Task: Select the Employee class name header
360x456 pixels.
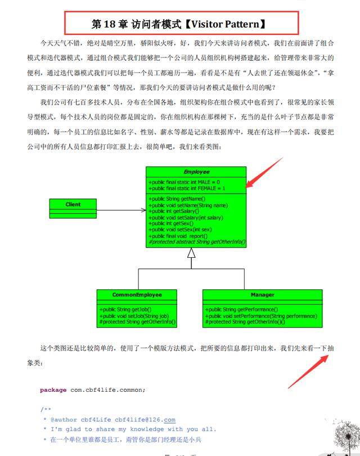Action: [x=196, y=172]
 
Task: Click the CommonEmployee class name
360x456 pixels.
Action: [x=137, y=294]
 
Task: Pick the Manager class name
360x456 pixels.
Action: [x=263, y=294]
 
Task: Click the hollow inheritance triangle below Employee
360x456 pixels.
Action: [x=191, y=253]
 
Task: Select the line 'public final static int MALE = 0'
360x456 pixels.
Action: [x=184, y=182]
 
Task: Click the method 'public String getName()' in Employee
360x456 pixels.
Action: [x=177, y=199]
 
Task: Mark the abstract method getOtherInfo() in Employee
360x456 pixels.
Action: [x=197, y=242]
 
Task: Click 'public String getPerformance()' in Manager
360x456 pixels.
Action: [x=242, y=310]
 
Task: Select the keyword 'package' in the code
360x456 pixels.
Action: [x=53, y=390]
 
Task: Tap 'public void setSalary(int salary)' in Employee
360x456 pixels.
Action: [x=186, y=217]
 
